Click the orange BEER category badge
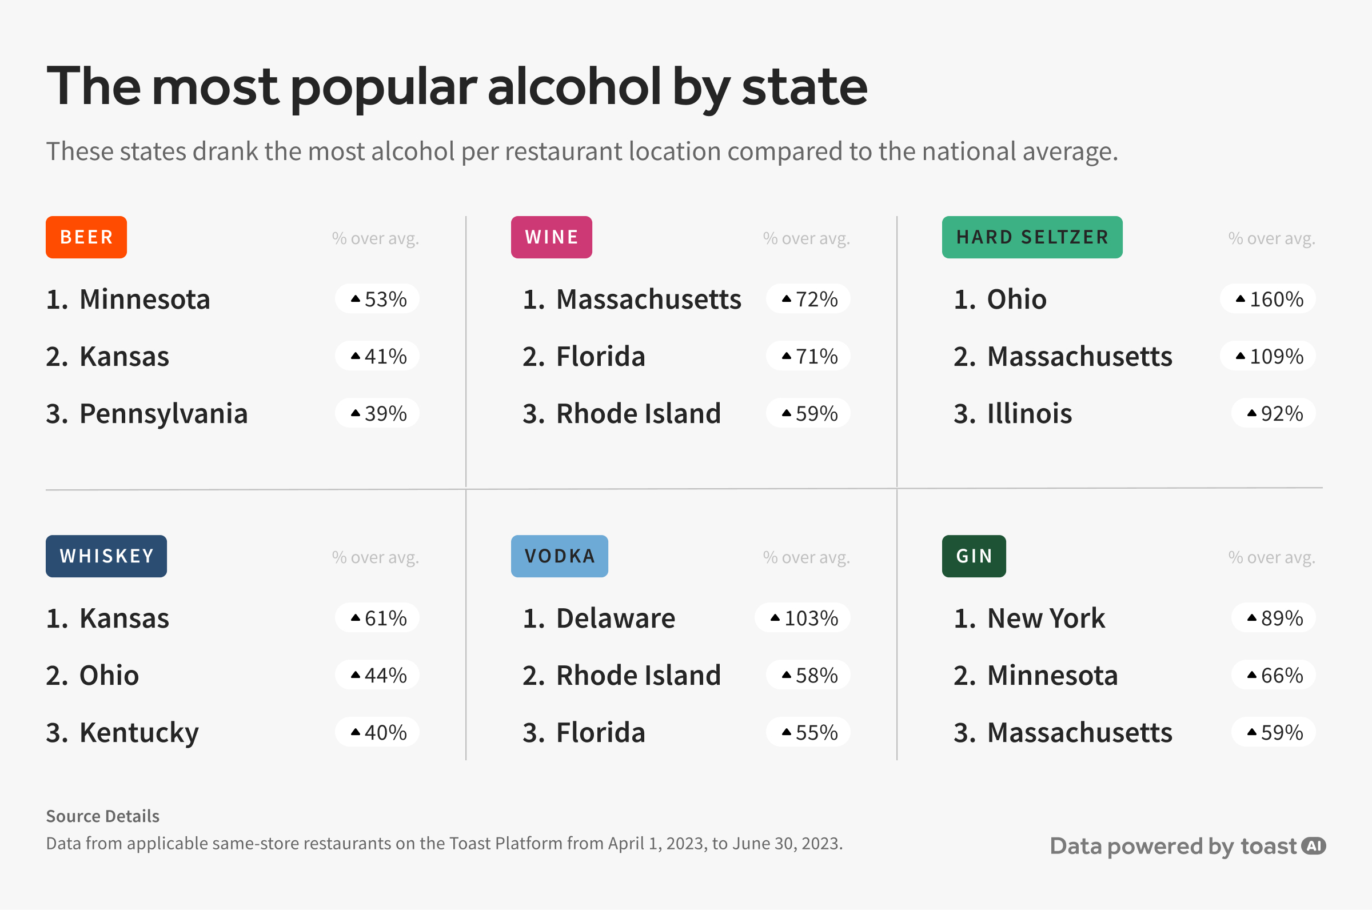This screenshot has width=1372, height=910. [86, 237]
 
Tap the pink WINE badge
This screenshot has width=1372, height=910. [551, 237]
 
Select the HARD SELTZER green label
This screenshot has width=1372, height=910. [1031, 237]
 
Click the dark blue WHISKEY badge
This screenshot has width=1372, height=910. [106, 556]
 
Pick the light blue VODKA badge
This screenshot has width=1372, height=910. [559, 556]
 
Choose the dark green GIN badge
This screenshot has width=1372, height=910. [974, 556]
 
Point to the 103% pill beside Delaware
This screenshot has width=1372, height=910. [802, 617]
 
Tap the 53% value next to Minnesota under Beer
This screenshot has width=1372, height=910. [377, 299]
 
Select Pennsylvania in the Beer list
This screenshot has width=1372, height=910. [163, 413]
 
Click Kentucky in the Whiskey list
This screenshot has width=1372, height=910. [139, 732]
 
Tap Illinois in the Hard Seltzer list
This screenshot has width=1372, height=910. [1029, 413]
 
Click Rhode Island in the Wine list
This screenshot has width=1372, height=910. [638, 413]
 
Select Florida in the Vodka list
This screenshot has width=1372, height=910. [600, 732]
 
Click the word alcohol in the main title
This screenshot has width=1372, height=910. [574, 87]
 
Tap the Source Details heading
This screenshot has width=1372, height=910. [103, 816]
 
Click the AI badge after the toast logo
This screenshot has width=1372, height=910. [1313, 845]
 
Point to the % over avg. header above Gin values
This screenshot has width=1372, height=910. [1271, 557]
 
